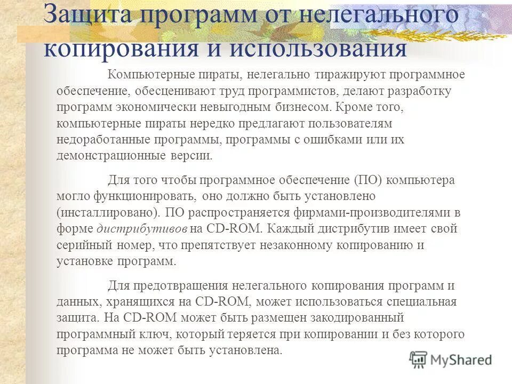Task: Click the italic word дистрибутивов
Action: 142,229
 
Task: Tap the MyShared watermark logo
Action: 451,360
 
